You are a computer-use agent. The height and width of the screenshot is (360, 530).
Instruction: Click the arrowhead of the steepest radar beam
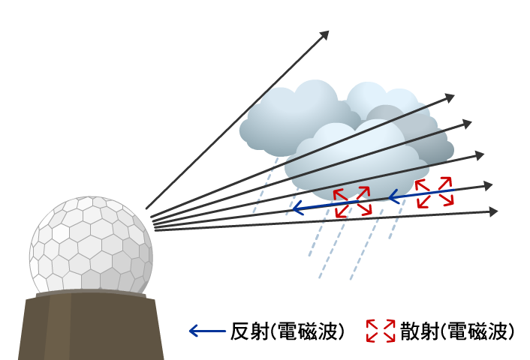325,34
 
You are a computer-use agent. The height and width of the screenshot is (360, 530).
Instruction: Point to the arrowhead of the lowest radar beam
494,211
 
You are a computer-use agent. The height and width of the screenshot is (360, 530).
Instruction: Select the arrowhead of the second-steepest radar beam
450,97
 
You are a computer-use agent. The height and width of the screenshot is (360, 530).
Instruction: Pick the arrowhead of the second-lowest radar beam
489,185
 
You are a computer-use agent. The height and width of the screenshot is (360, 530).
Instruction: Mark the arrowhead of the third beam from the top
468,123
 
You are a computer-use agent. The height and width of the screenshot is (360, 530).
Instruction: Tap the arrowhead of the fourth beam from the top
480,155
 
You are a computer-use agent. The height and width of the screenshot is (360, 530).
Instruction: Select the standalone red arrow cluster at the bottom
381,331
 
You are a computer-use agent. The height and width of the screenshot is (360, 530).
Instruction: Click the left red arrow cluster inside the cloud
352,202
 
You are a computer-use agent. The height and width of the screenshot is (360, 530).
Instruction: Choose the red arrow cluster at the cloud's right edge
434,192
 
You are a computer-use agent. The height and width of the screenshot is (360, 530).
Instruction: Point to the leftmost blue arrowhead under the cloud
296,208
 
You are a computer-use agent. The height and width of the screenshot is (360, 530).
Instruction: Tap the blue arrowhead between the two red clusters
393,197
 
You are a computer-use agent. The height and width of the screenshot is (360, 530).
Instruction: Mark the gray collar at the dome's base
91,294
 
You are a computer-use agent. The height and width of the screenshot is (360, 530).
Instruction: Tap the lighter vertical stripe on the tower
58,330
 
